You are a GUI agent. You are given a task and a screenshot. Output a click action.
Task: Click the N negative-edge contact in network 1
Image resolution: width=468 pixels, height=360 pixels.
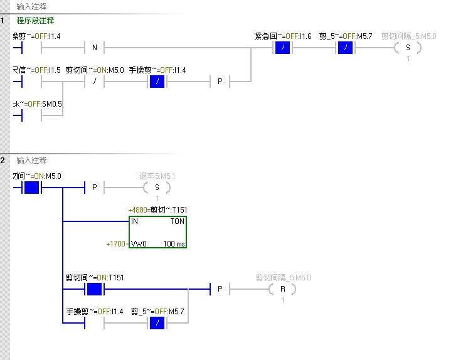tap(95, 48)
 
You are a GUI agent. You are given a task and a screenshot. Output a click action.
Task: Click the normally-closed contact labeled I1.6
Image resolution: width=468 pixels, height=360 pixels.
tap(282, 48)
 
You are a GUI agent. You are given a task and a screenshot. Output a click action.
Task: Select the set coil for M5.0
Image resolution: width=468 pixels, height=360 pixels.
tap(408, 48)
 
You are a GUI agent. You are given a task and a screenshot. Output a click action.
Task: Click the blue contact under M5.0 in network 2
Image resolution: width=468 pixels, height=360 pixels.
tap(31, 188)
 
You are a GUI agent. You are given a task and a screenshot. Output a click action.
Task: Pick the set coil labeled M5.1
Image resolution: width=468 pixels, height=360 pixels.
tap(157, 188)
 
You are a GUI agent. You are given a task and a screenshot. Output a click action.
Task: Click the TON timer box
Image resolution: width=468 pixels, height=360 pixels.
tap(157, 233)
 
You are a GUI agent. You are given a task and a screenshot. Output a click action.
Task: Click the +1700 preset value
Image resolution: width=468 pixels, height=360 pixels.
tap(116, 243)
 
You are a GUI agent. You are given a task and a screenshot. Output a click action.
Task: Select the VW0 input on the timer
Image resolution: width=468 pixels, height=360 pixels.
tap(139, 243)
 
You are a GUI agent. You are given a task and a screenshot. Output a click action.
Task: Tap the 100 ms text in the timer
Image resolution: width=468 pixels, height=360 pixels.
tap(174, 243)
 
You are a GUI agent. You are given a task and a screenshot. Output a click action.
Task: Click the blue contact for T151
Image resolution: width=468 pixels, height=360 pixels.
tap(94, 289)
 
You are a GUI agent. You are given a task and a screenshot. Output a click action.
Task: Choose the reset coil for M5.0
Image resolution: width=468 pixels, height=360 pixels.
tap(282, 289)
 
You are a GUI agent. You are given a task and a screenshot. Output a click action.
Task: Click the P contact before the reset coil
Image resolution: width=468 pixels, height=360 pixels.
tap(220, 289)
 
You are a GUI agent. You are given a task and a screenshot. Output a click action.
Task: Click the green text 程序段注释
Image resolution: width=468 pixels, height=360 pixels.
tap(35, 20)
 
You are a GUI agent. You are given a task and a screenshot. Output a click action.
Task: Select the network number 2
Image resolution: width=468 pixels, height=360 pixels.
tap(4, 161)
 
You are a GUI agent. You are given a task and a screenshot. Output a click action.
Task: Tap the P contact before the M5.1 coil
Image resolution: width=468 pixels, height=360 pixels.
tap(95, 188)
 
